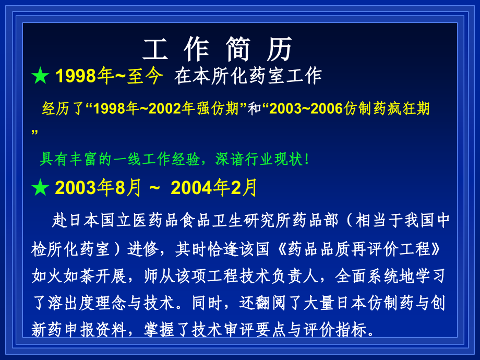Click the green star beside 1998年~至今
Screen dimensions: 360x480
point(40,77)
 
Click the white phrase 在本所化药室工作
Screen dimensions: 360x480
point(248,77)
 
